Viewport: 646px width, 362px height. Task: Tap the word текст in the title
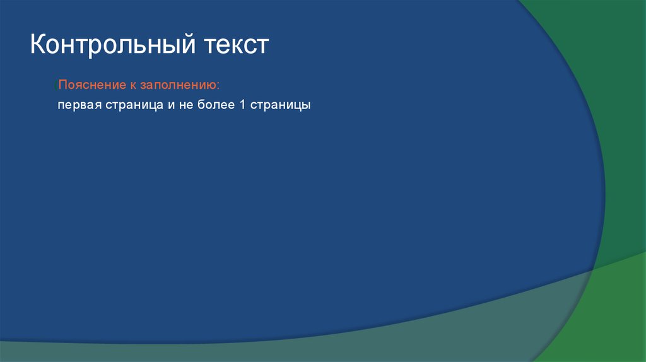[235, 46]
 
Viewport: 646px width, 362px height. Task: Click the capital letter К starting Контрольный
[37, 46]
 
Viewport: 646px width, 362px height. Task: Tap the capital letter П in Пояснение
[62, 85]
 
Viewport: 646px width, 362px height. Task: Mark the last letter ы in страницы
[307, 105]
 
